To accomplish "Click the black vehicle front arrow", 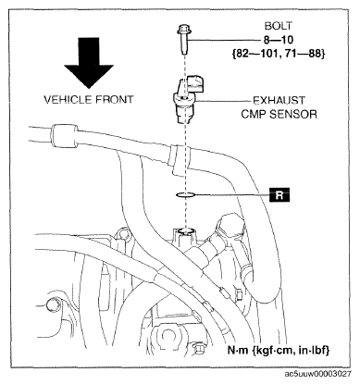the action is pos(89,63).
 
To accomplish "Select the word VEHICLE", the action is pos(68,100).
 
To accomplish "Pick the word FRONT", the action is pos(115,100).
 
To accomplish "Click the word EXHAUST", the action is pos(279,101).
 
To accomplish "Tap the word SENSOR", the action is pos(293,115).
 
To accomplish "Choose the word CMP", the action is pos(254,115).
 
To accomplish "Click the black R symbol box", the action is pos(279,195).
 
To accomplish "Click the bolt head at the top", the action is pos(184,31).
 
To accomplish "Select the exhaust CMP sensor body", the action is pos(184,106).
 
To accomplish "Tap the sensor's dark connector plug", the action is pos(196,82).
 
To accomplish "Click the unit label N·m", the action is pos(238,351).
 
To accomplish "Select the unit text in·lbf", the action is pos(314,351).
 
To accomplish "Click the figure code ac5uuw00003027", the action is pos(317,374).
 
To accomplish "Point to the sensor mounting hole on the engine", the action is pos(184,230).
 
